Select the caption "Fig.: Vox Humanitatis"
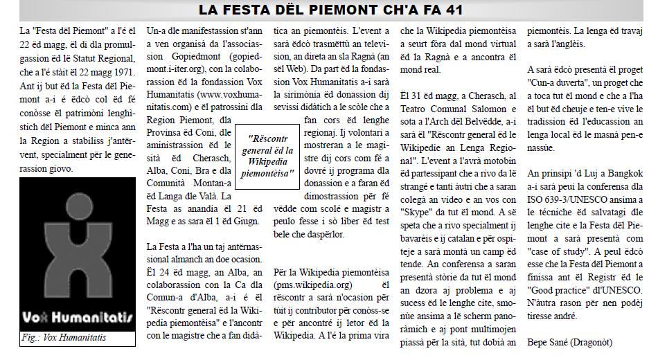click(x=64, y=339)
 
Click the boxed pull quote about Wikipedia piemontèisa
click(x=267, y=156)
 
